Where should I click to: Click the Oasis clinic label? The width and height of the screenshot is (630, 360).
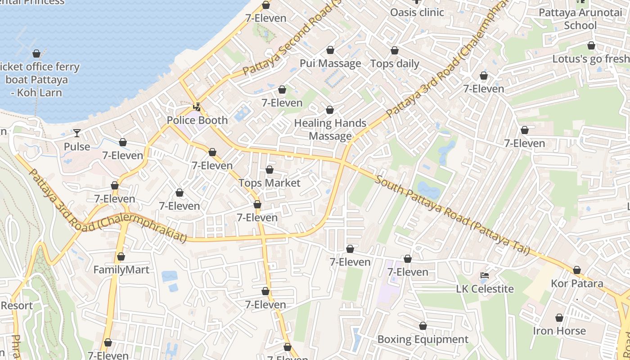(x=417, y=12)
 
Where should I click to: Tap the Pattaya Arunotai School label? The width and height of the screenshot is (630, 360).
(x=580, y=19)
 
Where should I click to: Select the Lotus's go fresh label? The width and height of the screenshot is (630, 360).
(x=590, y=59)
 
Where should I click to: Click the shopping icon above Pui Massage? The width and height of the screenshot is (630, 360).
(x=330, y=50)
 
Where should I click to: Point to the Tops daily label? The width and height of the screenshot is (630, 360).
(x=395, y=63)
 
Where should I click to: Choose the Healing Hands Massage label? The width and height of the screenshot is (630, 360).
(x=330, y=129)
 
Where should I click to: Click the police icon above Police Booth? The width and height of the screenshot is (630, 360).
(x=197, y=107)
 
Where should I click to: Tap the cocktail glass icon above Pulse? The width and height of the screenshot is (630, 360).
(x=77, y=133)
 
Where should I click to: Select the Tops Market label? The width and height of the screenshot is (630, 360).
(x=269, y=183)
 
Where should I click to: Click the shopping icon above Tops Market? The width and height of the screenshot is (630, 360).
(x=269, y=170)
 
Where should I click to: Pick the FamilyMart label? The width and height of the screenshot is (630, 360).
(x=121, y=270)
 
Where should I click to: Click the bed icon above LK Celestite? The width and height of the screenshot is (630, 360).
(x=485, y=275)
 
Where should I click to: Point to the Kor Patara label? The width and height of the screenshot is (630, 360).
(x=577, y=283)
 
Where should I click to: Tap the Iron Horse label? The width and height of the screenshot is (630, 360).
(x=559, y=331)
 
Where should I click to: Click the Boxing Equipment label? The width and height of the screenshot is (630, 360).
(x=423, y=339)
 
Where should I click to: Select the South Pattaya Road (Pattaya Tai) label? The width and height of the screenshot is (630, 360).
(x=452, y=216)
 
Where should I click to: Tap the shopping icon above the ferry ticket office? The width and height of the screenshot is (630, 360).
(x=36, y=54)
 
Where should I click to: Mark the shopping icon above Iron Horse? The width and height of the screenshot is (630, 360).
(x=559, y=318)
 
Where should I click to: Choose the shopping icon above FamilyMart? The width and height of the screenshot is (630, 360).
(x=121, y=257)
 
